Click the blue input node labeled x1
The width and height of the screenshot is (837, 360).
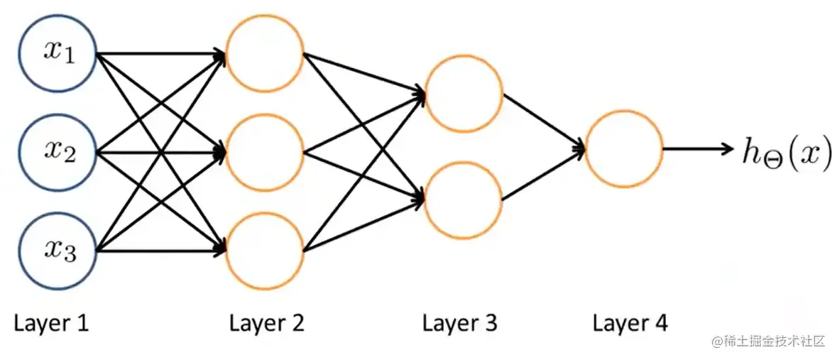[x=58, y=53]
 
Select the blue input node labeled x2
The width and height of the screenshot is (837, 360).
[x=58, y=151]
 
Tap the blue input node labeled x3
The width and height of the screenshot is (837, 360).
[x=58, y=250]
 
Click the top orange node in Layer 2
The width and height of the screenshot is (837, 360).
[x=265, y=53]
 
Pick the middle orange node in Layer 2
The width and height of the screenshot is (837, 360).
[x=265, y=151]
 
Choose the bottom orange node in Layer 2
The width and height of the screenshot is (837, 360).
[x=265, y=250]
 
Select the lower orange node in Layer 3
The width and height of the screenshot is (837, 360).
[x=463, y=200]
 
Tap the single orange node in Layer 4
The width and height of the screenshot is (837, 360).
[x=624, y=148]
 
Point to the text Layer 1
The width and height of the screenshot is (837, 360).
[x=52, y=324]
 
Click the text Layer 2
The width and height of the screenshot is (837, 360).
[x=266, y=324]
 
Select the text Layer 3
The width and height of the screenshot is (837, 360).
[x=460, y=324]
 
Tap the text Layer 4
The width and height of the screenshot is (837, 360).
[x=630, y=324]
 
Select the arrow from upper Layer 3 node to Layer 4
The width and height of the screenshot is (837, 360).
[x=544, y=121]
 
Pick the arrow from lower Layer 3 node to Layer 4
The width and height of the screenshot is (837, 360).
[x=544, y=175]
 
